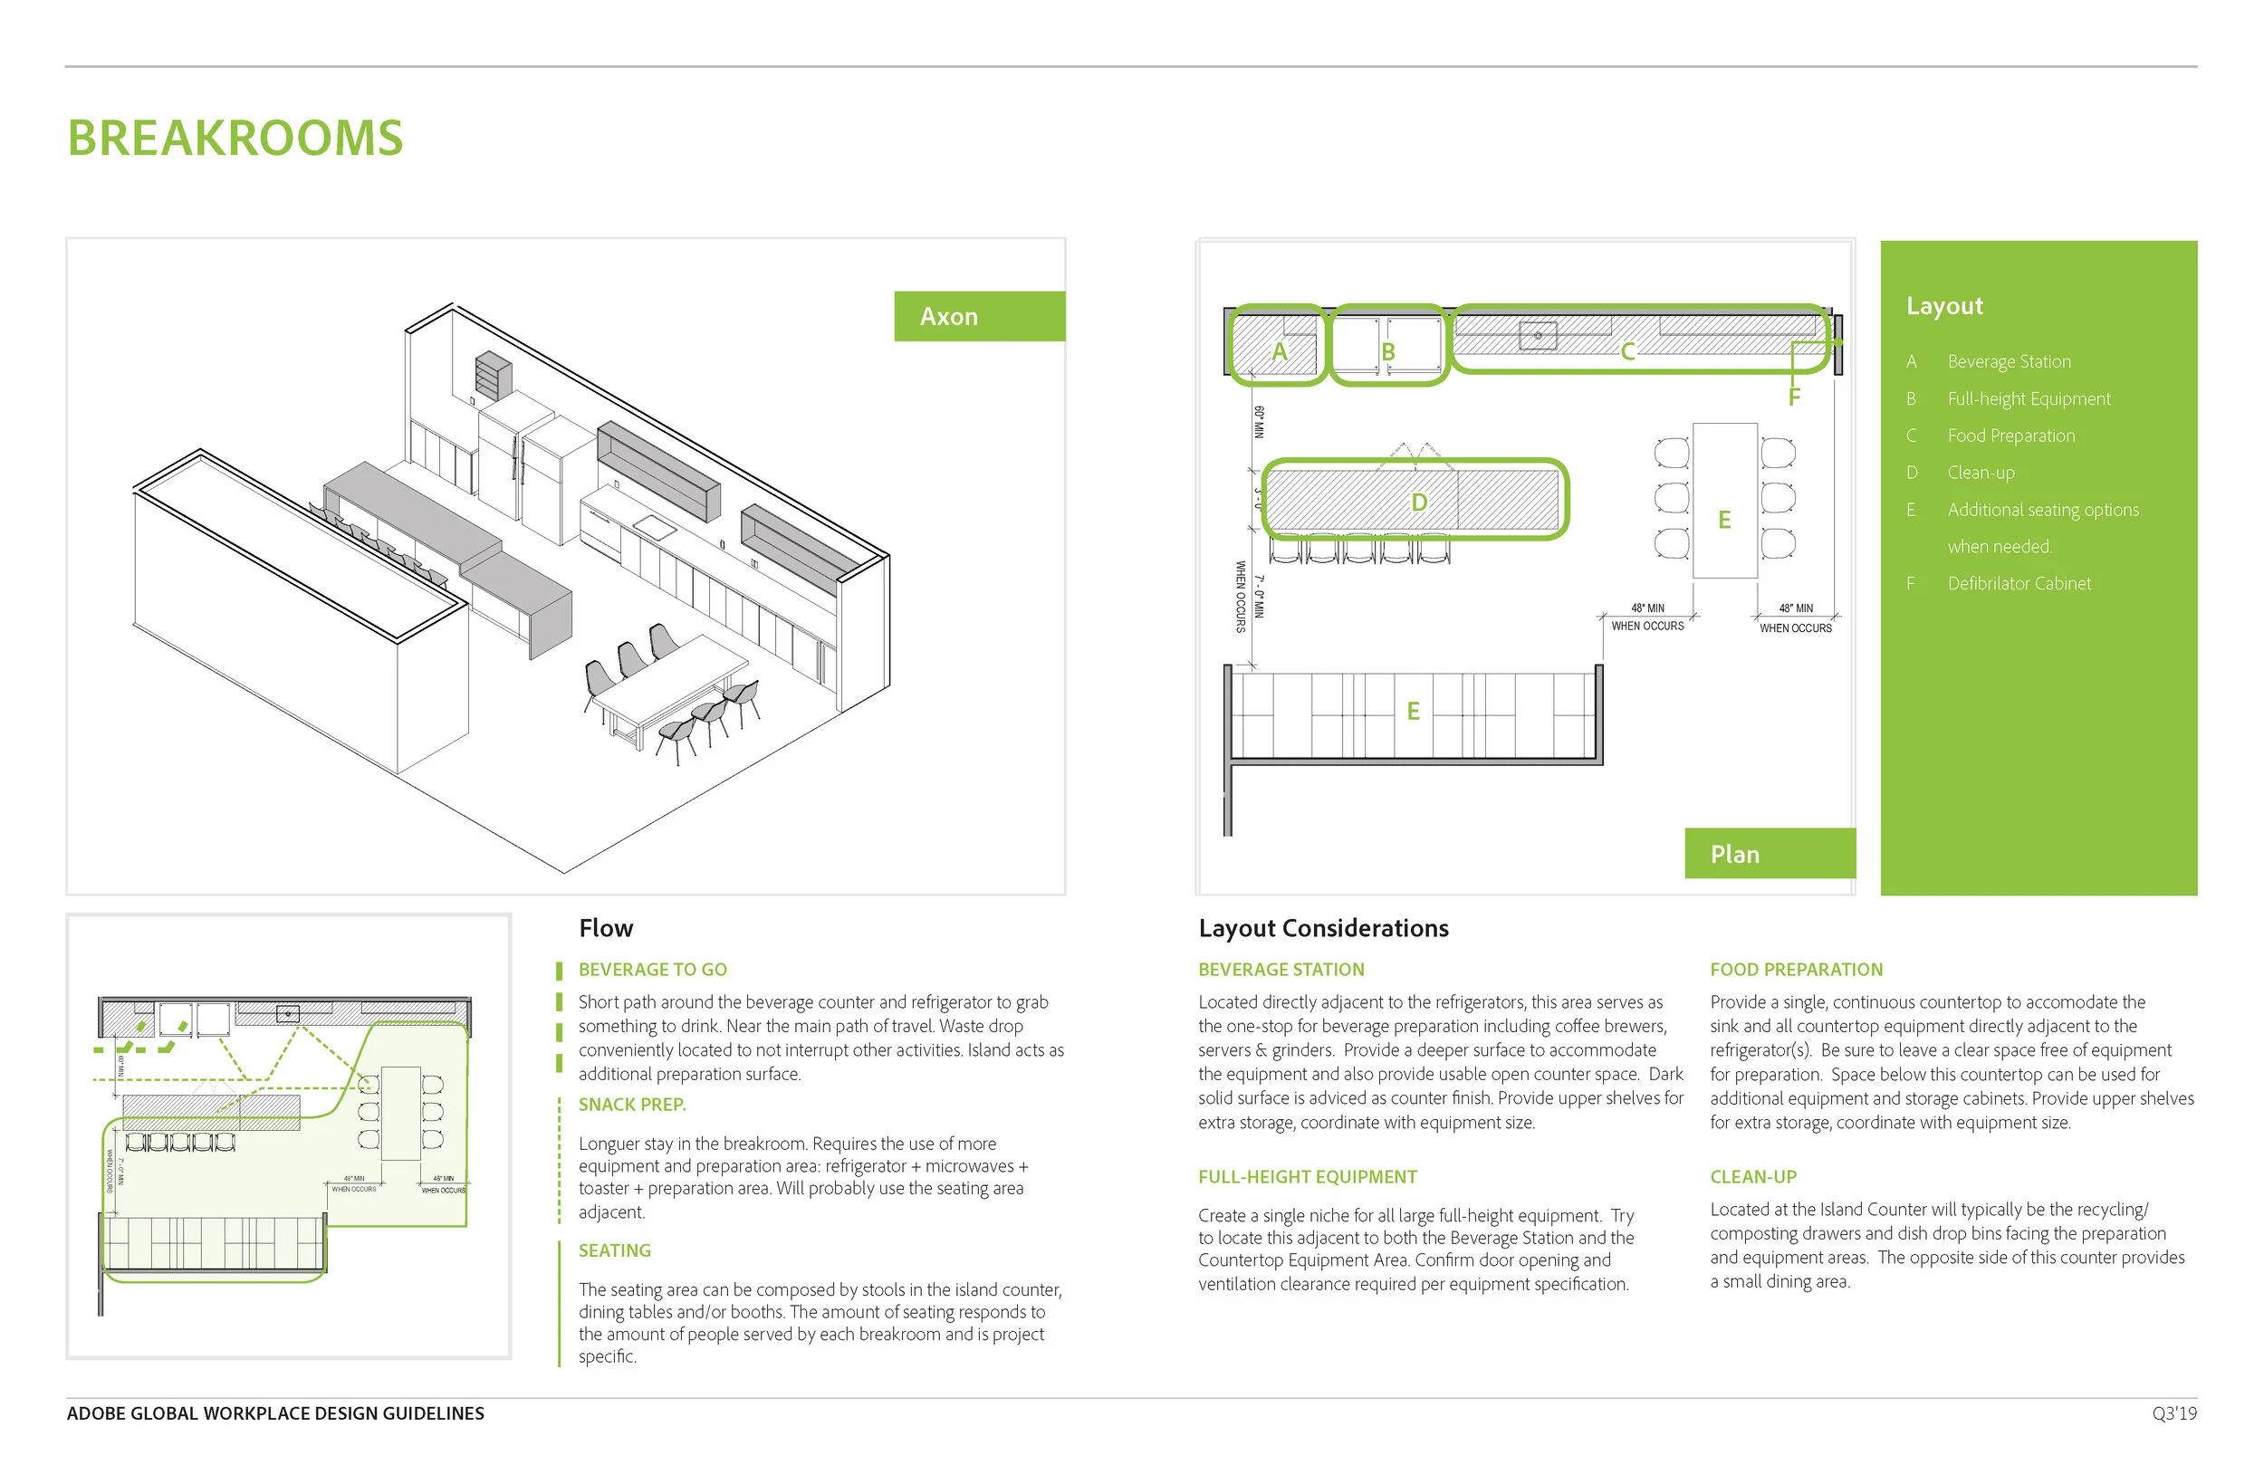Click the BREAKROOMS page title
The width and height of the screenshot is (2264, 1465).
pyautogui.click(x=235, y=138)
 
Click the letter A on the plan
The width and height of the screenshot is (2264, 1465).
pyautogui.click(x=1280, y=352)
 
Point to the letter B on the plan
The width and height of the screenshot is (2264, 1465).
pyautogui.click(x=1388, y=352)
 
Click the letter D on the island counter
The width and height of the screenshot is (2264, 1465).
pyautogui.click(x=1418, y=503)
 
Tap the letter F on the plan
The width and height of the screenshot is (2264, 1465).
pyautogui.click(x=1793, y=397)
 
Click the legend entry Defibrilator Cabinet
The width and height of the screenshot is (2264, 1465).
pyautogui.click(x=2019, y=583)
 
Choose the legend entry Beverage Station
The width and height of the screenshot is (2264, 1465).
pyautogui.click(x=2008, y=361)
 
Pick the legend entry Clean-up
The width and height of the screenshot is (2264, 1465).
pyautogui.click(x=1981, y=473)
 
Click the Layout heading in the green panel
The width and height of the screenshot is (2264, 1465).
pyautogui.click(x=1943, y=306)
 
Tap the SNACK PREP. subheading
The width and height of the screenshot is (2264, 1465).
pyautogui.click(x=631, y=1105)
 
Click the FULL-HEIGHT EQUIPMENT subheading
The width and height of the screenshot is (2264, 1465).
pyautogui.click(x=1307, y=1177)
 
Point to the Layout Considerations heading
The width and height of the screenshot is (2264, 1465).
pyautogui.click(x=1323, y=928)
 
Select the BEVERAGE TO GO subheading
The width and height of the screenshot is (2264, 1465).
pyautogui.click(x=653, y=970)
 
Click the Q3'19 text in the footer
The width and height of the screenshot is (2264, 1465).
pyautogui.click(x=2173, y=1413)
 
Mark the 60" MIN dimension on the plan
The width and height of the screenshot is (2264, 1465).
pyautogui.click(x=1259, y=422)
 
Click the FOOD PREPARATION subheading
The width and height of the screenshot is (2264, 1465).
pyautogui.click(x=1796, y=970)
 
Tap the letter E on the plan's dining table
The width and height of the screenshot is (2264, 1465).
pyautogui.click(x=1723, y=520)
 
